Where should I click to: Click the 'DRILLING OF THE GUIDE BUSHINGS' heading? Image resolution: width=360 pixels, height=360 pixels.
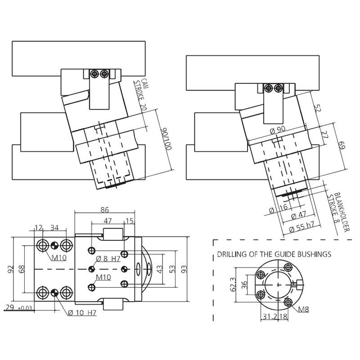(274, 254)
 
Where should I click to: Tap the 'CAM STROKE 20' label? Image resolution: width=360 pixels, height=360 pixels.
(141, 95)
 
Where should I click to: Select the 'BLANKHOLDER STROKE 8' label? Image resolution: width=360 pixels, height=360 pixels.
(338, 212)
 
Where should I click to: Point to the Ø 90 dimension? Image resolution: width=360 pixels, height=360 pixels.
(278, 130)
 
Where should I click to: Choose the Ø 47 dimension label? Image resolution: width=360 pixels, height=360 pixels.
(298, 215)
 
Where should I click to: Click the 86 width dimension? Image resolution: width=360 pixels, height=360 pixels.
(104, 210)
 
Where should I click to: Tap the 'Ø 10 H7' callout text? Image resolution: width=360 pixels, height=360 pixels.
(82, 312)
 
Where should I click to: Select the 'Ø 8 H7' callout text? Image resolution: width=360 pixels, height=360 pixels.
(108, 259)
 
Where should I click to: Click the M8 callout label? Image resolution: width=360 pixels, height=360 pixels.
(303, 310)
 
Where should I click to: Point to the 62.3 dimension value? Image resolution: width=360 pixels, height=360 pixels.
(233, 284)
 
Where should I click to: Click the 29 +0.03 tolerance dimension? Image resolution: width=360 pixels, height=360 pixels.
(18, 307)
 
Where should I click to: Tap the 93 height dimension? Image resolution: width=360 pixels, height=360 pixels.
(184, 269)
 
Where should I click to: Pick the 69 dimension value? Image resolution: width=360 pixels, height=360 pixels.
(342, 145)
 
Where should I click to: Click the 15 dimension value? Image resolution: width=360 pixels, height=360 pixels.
(130, 220)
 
